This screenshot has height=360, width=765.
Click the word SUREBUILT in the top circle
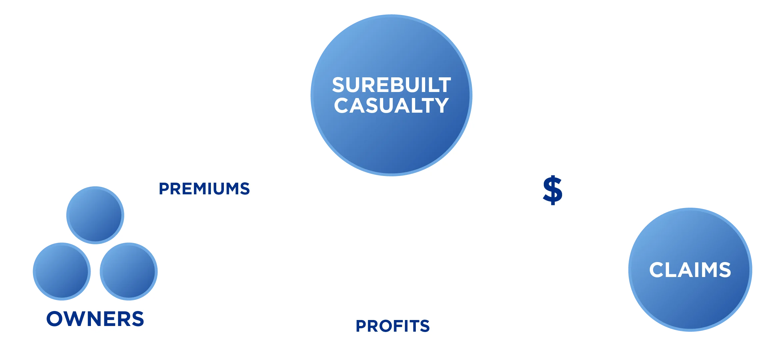click(391, 85)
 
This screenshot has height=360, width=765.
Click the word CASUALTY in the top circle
click(391, 106)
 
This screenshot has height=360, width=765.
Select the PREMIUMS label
click(204, 189)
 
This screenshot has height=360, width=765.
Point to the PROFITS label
click(393, 326)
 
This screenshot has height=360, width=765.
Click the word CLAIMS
click(690, 270)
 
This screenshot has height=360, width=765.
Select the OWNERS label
click(95, 319)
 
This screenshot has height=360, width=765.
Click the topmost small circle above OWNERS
click(95, 215)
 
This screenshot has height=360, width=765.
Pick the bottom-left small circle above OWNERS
click(62, 271)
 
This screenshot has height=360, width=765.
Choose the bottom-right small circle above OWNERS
click(129, 271)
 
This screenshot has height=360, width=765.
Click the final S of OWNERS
click(137, 319)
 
